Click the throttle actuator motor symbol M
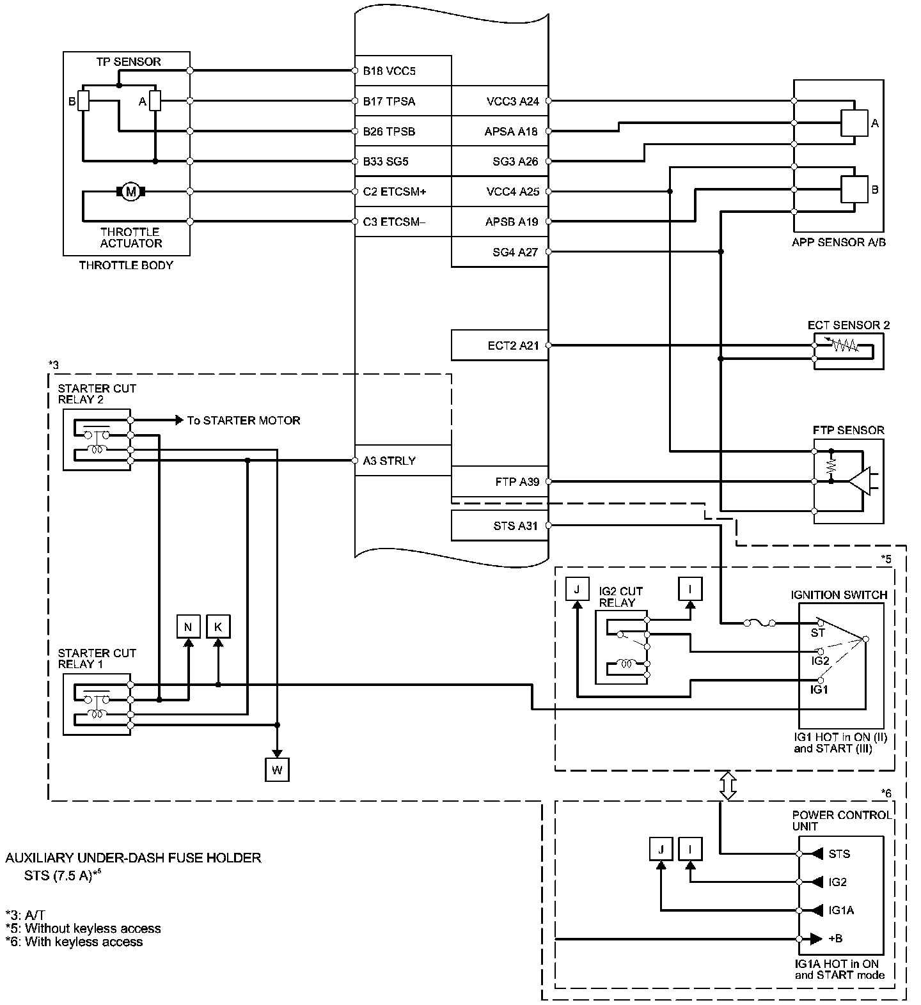coord(131,191)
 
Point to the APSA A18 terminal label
coord(511,132)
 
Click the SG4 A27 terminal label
coord(515,252)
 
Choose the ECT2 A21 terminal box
coord(500,345)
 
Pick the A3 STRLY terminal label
coord(389,461)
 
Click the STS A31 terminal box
coord(500,526)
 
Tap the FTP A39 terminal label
coord(516,482)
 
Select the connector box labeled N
coord(188,627)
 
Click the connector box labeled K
coord(218,627)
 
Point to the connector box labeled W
coord(277,770)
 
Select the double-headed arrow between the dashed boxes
coord(728,786)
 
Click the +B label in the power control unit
coord(835,939)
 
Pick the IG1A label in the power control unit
coord(841,910)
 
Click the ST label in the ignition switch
coord(817,633)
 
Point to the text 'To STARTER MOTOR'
coord(243,421)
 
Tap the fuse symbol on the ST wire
coord(760,622)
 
